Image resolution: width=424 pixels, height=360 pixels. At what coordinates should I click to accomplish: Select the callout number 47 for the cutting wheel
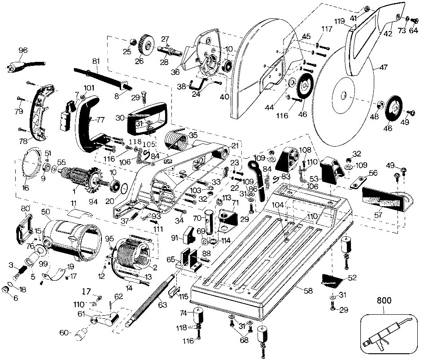(383, 68)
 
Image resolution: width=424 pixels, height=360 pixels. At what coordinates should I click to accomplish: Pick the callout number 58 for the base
(308, 291)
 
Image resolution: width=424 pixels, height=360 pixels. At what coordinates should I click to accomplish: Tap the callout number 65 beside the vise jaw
(170, 260)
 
